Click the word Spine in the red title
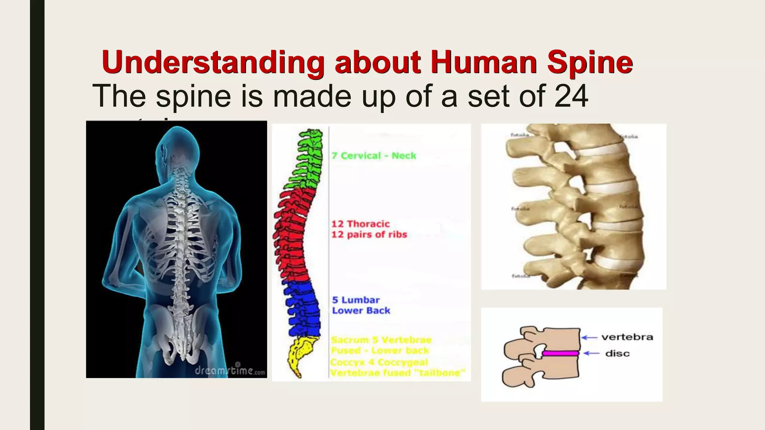590,62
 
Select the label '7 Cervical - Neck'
374,156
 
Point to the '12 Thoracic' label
360,224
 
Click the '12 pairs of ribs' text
369,235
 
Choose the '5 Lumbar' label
356,300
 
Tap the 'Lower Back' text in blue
361,311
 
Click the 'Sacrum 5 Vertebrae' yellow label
381,340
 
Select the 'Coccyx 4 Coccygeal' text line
379,362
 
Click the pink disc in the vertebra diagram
560,353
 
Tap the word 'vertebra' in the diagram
627,337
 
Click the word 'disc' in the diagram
617,353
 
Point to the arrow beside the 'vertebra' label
590,337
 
